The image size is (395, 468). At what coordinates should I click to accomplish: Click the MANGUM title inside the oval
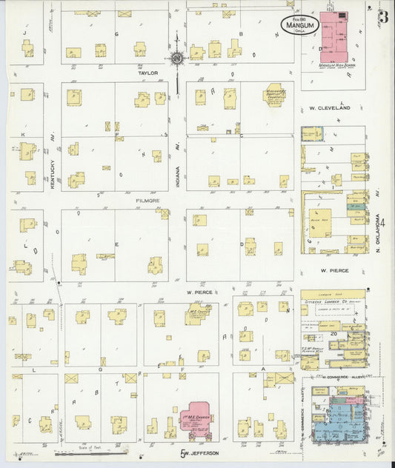click(x=299, y=24)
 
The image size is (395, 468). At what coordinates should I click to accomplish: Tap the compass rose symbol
click(x=177, y=57)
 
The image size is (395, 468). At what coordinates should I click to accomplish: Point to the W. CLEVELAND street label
click(x=329, y=108)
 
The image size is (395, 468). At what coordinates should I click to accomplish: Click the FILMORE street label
click(x=148, y=200)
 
